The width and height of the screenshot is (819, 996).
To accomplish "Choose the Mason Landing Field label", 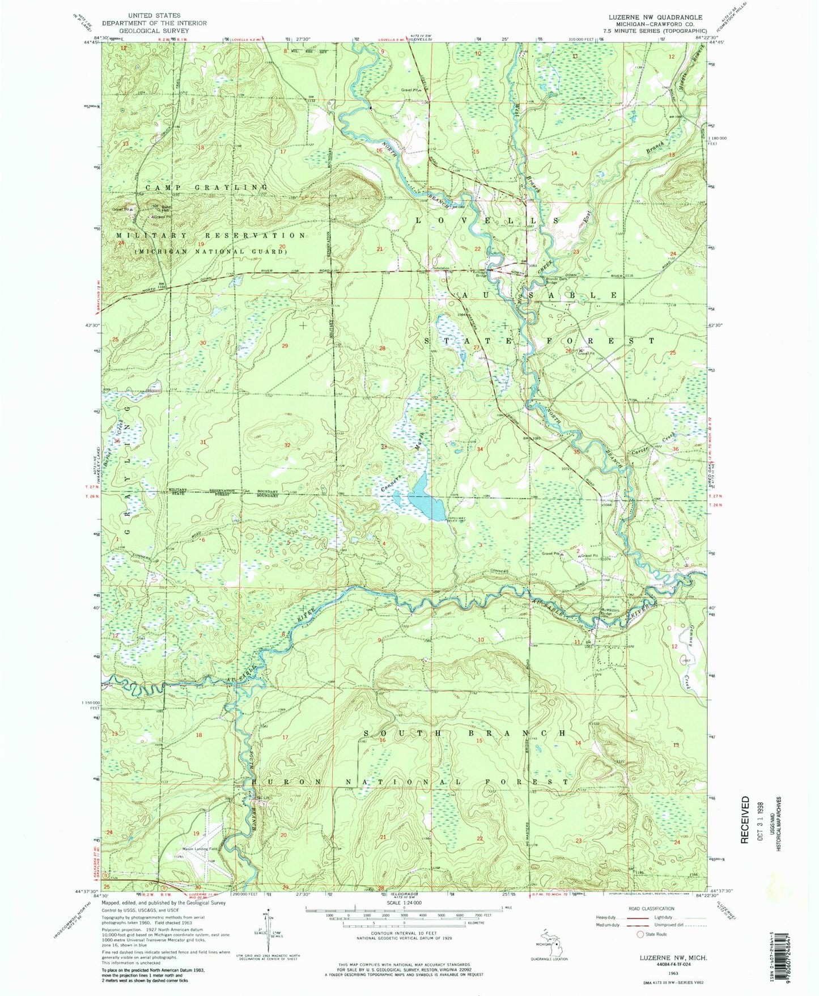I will (200, 849).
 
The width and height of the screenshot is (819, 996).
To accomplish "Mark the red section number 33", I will (384, 447).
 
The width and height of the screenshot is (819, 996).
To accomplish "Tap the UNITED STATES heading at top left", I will (154, 15).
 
